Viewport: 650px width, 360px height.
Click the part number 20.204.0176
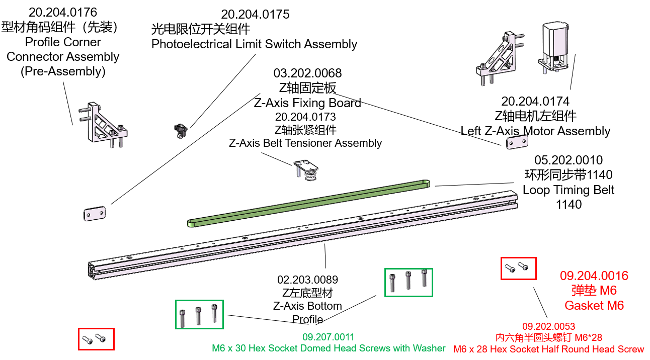63,12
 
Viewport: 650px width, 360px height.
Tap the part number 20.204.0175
255,15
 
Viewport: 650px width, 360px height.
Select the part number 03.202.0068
307,73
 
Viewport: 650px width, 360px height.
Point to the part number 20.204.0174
535,102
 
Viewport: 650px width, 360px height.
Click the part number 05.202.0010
568,160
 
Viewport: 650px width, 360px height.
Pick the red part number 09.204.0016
594,276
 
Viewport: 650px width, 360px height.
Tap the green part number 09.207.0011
328,337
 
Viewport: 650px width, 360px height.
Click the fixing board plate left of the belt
95,213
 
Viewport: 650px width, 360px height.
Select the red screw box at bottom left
96,339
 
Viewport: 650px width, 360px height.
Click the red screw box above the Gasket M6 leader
518,268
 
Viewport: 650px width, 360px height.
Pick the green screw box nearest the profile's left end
199,315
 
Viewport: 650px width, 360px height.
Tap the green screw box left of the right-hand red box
408,282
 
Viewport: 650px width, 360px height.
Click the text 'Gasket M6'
594,305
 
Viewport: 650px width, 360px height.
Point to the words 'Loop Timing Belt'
568,190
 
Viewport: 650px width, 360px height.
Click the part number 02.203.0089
307,280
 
